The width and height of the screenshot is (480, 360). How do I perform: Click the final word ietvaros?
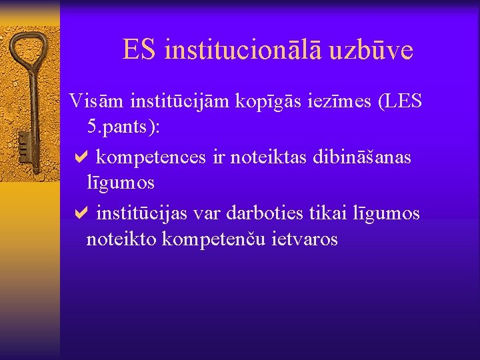(x=306, y=239)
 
